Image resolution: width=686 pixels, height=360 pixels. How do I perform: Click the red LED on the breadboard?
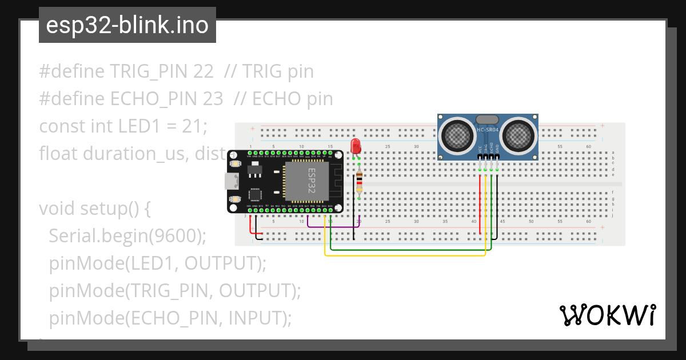coord(356,145)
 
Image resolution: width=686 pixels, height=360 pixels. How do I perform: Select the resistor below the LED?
coord(359,183)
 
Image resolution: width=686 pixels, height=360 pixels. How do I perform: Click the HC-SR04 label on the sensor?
coord(488,130)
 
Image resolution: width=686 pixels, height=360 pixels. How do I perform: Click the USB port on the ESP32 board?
coord(232,181)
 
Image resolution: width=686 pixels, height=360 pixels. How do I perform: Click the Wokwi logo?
coord(607,315)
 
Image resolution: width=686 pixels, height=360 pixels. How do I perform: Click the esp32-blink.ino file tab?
coord(127,25)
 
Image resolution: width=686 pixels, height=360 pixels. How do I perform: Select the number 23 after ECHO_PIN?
coord(213,99)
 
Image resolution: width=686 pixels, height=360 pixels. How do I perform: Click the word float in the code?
coord(58,153)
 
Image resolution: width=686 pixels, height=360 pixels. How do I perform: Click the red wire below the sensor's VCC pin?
coord(480,206)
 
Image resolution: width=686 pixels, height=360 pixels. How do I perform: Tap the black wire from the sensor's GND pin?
coord(497,206)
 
